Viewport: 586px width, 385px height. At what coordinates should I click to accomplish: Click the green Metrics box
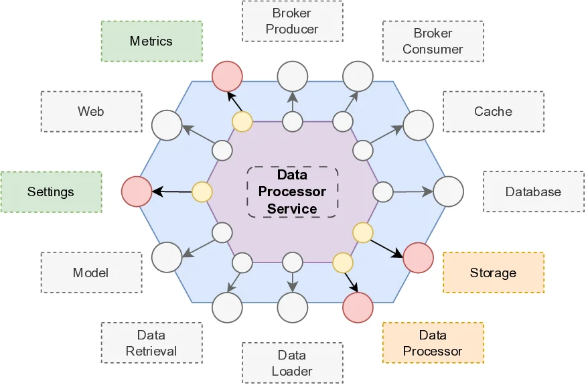(x=151, y=42)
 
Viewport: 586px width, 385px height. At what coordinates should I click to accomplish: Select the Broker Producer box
(x=292, y=21)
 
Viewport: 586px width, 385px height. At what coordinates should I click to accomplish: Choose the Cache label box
(x=493, y=112)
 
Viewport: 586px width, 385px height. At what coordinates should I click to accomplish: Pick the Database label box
(x=533, y=192)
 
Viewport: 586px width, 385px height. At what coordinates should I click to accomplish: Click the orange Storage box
(x=493, y=273)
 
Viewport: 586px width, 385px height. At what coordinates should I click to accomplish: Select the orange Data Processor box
(x=433, y=343)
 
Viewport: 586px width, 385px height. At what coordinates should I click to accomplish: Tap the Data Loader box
(x=292, y=363)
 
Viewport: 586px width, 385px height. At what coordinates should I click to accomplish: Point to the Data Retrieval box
(x=151, y=343)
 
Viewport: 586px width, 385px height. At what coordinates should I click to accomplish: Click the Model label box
(x=91, y=273)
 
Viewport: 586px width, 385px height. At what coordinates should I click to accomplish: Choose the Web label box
(x=91, y=112)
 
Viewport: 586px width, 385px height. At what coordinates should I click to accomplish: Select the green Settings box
(x=51, y=192)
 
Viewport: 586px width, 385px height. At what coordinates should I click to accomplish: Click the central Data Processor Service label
(x=292, y=191)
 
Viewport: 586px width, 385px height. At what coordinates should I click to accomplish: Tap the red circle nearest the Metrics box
(x=227, y=76)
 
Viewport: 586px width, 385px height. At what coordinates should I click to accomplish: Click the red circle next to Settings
(x=137, y=191)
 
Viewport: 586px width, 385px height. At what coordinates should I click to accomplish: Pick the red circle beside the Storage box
(x=419, y=258)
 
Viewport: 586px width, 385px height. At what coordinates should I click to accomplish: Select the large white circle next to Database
(x=449, y=191)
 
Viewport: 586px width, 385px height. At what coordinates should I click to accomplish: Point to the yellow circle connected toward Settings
(x=202, y=192)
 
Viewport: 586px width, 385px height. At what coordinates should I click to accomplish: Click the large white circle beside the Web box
(x=167, y=126)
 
